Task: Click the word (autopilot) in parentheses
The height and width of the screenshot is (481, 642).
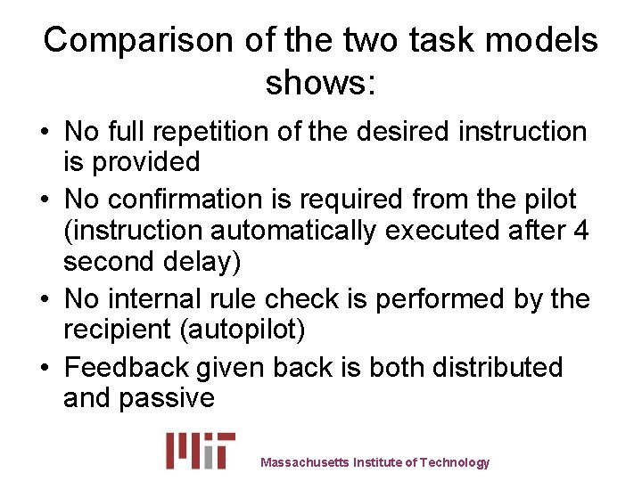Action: [x=243, y=330]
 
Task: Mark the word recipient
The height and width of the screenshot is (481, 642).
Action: [x=117, y=330]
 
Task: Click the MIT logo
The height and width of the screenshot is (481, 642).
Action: [x=201, y=450]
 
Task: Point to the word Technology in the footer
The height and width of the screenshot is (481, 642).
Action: [x=455, y=462]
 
